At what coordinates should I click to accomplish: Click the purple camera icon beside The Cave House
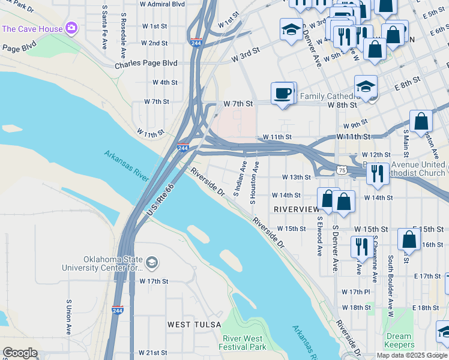click(x=71, y=28)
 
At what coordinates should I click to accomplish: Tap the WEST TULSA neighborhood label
click(x=191, y=325)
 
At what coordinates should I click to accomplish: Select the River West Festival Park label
click(x=244, y=343)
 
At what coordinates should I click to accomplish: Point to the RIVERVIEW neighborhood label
click(x=296, y=209)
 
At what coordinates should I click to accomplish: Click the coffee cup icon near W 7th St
click(x=283, y=94)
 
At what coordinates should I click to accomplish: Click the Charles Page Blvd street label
click(x=146, y=63)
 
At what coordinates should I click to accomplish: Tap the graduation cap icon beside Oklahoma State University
click(x=152, y=262)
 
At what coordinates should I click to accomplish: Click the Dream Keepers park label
click(x=399, y=340)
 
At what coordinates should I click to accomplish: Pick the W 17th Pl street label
click(x=356, y=292)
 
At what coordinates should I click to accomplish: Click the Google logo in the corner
click(x=19, y=352)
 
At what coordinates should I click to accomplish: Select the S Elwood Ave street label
click(x=320, y=236)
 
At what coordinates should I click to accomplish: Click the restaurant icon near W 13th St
click(x=377, y=173)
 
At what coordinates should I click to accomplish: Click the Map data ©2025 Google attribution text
click(x=412, y=355)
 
